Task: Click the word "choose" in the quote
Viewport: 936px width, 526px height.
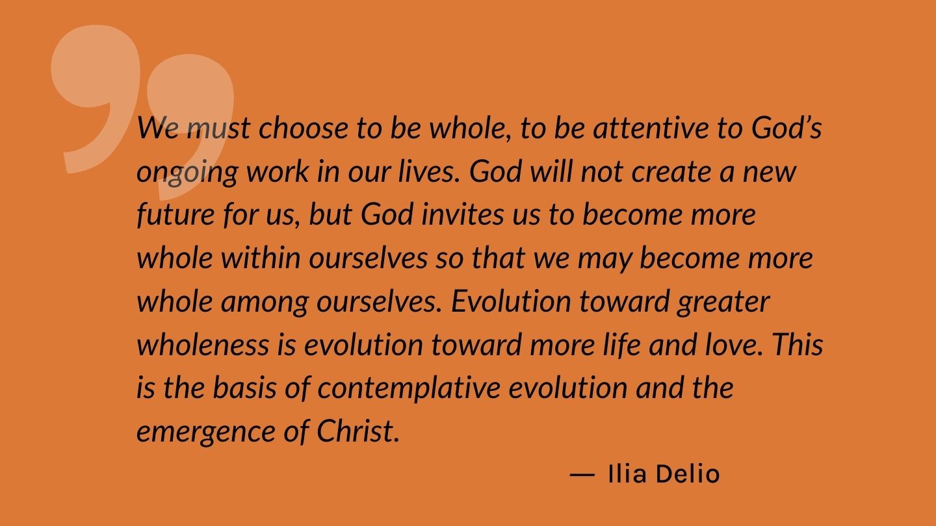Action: point(304,127)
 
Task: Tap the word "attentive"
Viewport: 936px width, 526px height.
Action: point(651,127)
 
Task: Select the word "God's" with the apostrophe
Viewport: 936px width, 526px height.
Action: point(786,127)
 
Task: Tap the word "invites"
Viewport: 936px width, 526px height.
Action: point(463,214)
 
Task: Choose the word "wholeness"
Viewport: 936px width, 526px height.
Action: point(203,344)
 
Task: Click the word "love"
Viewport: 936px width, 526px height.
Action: point(733,344)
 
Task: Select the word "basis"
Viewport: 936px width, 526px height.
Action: point(245,388)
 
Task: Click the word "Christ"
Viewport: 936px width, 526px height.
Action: point(356,431)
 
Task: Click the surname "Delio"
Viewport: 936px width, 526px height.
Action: point(688,474)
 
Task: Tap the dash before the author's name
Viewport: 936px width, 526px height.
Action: point(582,475)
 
